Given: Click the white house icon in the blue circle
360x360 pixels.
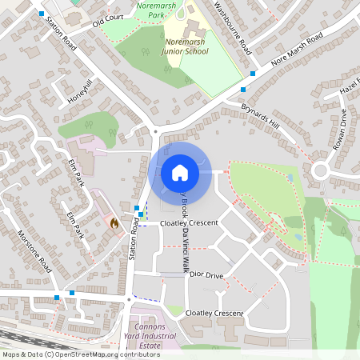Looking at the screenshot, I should (x=180, y=171).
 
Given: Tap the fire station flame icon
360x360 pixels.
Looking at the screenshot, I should (x=114, y=224).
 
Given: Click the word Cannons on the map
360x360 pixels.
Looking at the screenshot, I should (x=147, y=326).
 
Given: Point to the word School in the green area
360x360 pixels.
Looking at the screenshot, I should (x=195, y=51).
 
